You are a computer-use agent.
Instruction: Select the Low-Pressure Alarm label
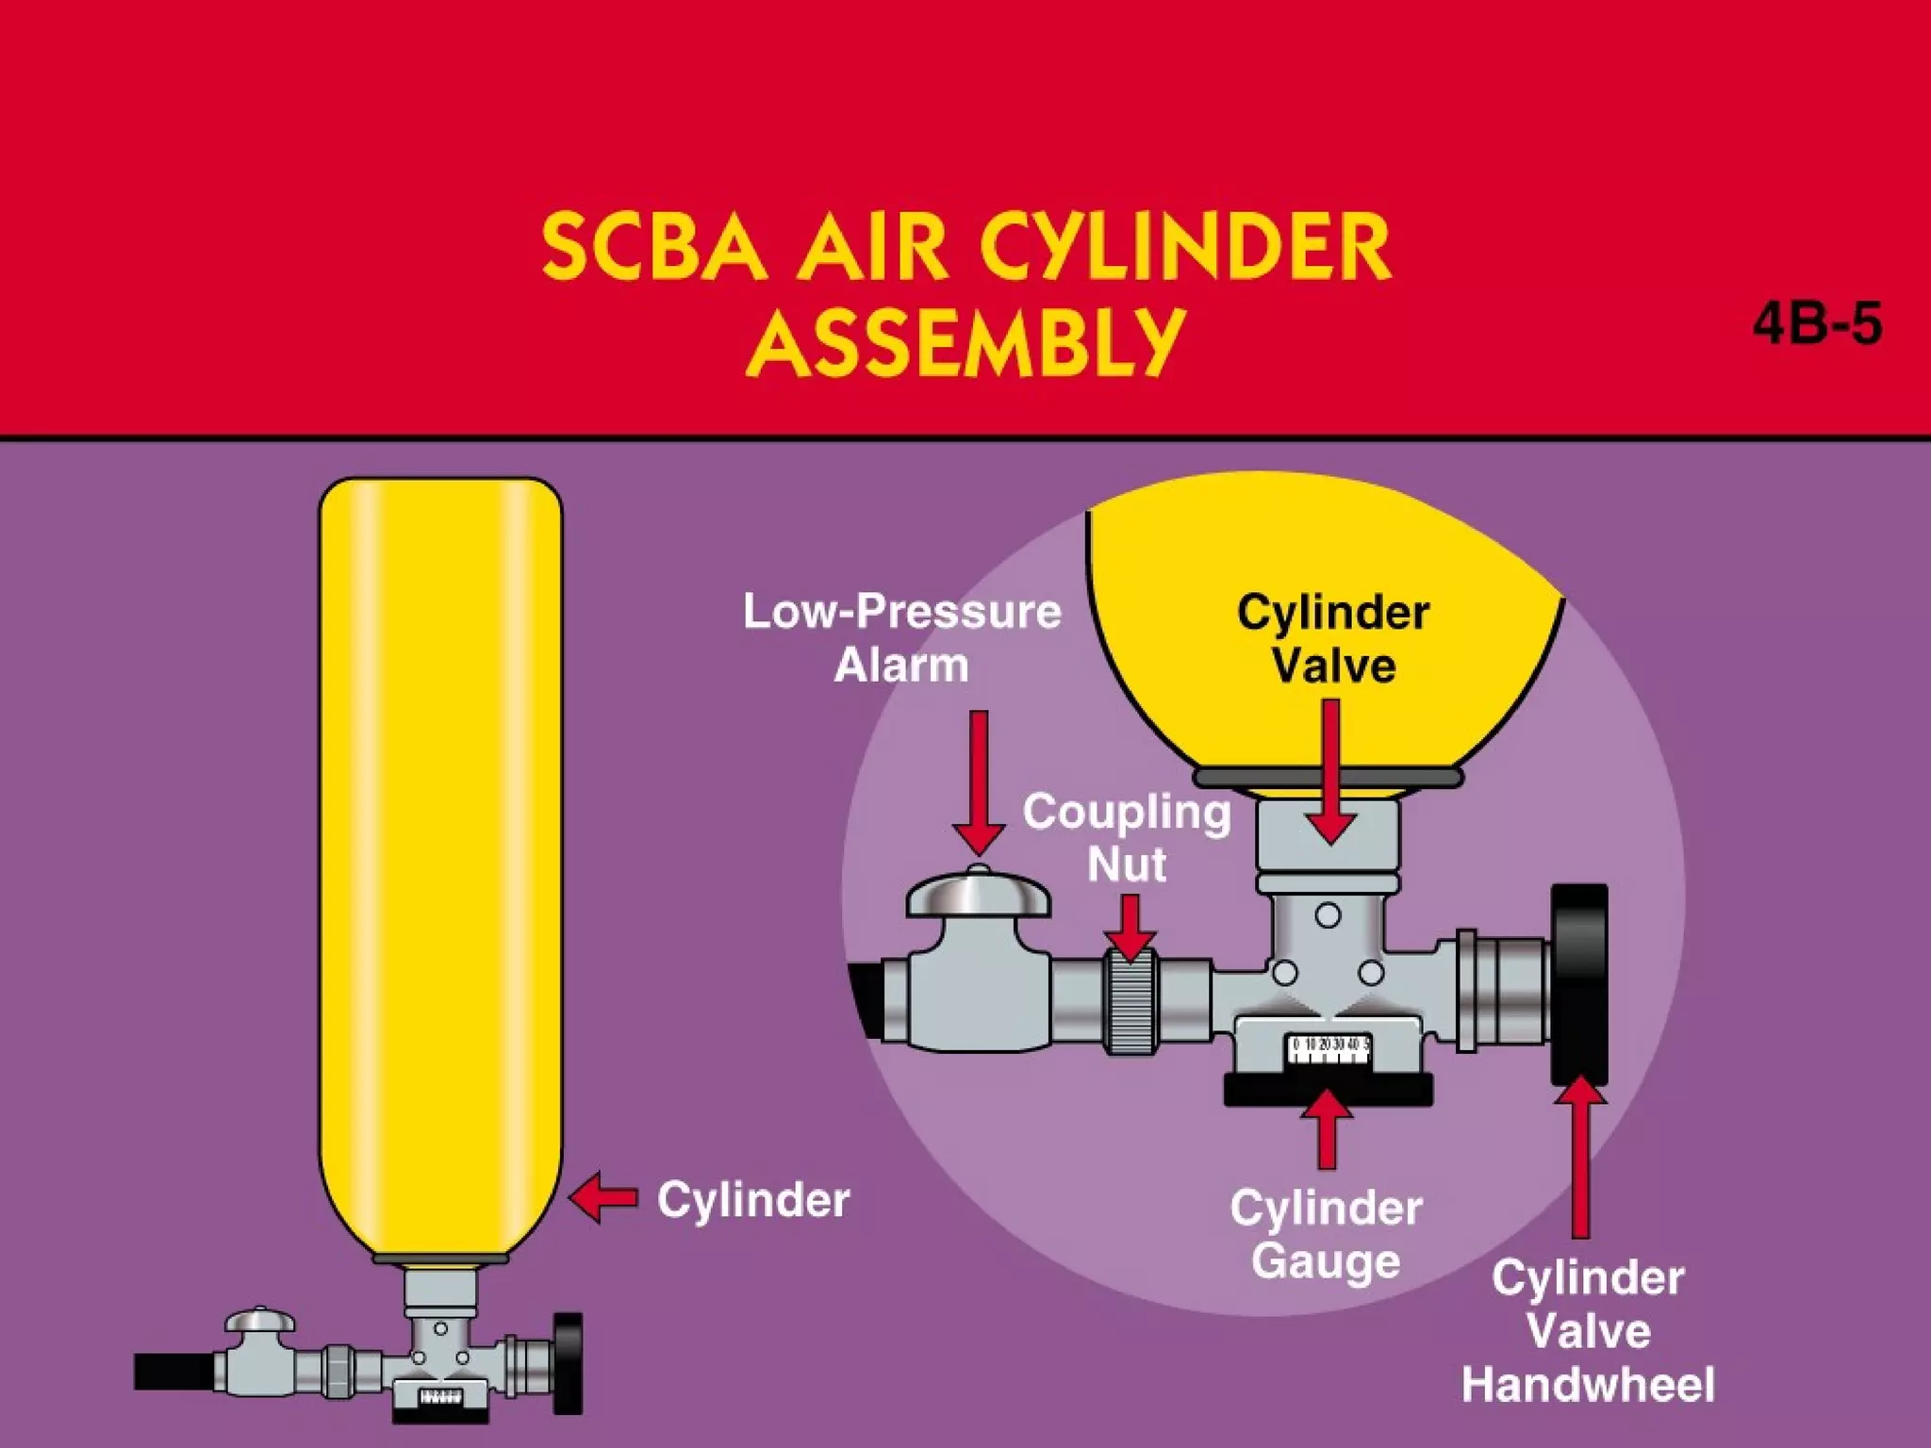(x=902, y=638)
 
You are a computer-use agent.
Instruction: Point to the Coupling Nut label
(x=1127, y=837)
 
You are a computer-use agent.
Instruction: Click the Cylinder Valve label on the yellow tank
(x=1333, y=638)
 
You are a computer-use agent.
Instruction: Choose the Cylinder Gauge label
(x=1326, y=1234)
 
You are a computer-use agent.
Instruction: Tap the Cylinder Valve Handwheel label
(x=1588, y=1331)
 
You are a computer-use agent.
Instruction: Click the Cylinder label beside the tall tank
(x=753, y=1200)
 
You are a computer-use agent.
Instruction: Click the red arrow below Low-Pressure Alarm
(x=979, y=782)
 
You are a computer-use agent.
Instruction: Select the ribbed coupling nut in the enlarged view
(x=1131, y=1002)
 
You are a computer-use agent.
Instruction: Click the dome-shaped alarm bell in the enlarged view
(x=978, y=893)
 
